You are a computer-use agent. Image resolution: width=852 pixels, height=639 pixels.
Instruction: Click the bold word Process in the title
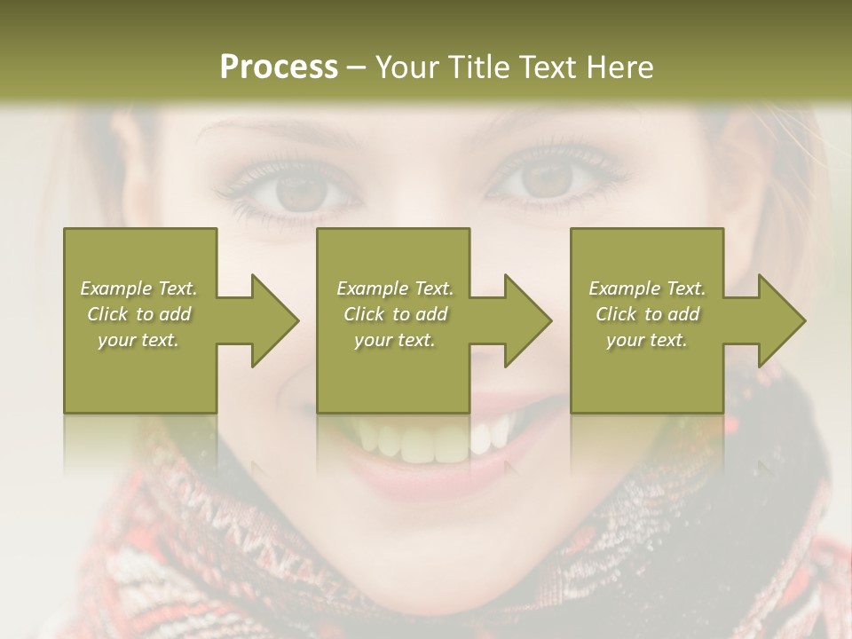coord(279,67)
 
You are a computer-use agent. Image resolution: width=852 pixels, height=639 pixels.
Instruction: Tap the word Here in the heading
coord(618,67)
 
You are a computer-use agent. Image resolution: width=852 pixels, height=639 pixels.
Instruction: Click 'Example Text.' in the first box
coord(138,288)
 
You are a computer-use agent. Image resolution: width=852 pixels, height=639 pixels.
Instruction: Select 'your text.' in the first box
coord(138,340)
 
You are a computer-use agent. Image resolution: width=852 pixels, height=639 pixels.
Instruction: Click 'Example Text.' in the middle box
coord(395,288)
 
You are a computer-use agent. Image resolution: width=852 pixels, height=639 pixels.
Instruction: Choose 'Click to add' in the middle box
coord(395,314)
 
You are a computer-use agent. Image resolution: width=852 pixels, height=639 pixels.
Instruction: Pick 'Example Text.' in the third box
coord(647,288)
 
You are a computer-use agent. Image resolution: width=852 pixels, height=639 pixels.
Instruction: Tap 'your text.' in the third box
coord(647,340)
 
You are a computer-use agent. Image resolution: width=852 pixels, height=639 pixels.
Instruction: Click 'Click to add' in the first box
coord(138,314)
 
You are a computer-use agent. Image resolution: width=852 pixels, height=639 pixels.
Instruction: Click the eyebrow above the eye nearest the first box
coord(266,133)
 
